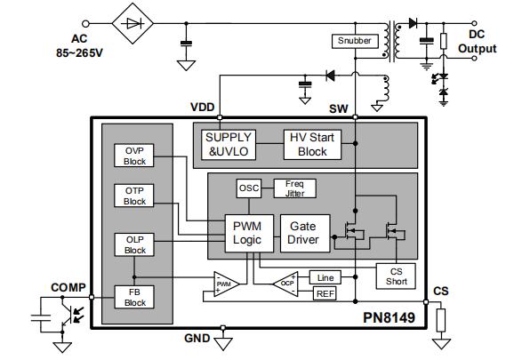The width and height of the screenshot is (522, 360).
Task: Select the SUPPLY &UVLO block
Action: [229, 144]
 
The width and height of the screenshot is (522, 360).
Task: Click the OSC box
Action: [248, 188]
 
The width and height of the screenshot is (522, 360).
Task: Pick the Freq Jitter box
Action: [294, 188]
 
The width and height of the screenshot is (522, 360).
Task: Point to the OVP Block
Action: [135, 155]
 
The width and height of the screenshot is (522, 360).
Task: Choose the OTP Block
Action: [135, 196]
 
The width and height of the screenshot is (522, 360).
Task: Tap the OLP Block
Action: [135, 244]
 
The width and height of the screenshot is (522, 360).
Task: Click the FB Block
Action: [135, 297]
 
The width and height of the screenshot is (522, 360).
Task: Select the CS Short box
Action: [396, 276]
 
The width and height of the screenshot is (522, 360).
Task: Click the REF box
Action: [325, 293]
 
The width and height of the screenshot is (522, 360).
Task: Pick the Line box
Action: [325, 277]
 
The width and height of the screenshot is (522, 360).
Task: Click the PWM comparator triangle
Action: [226, 284]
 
